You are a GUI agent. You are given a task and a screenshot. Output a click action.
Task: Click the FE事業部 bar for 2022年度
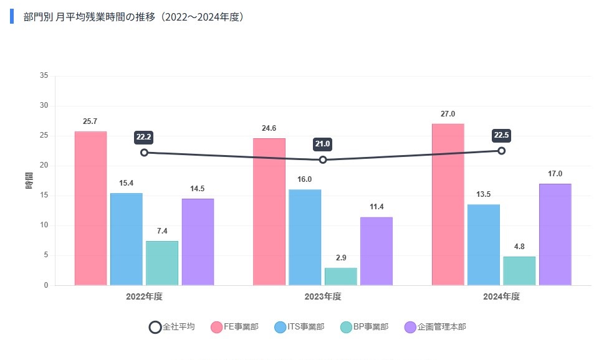coord(90,208)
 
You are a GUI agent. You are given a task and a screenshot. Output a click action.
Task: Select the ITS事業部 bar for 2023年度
coord(305,237)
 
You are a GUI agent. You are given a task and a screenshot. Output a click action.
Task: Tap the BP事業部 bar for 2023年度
coord(340,277)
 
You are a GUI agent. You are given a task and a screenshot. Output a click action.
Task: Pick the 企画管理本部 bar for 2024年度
coord(555,234)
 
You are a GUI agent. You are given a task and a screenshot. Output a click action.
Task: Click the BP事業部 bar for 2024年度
coord(519,271)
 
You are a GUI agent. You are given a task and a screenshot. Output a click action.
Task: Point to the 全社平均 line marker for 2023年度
coord(323,160)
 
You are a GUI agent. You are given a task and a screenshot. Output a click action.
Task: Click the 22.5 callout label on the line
coord(501,135)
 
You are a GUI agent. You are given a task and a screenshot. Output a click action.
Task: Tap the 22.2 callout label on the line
coord(144,136)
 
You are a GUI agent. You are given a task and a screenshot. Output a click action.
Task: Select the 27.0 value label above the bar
coord(448,114)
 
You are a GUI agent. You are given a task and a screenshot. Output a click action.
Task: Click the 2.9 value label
coord(340,258)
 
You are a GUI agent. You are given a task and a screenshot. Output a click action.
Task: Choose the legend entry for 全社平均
coord(172,327)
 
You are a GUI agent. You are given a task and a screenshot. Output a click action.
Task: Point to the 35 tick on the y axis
coord(44,76)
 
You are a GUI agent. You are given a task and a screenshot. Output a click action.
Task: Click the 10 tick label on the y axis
coord(44,225)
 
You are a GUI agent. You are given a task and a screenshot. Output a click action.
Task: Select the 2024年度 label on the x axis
coord(501,297)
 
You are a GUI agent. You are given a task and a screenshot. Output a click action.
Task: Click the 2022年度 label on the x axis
coord(144,297)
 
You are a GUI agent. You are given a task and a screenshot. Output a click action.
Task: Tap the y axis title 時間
coord(29,181)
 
